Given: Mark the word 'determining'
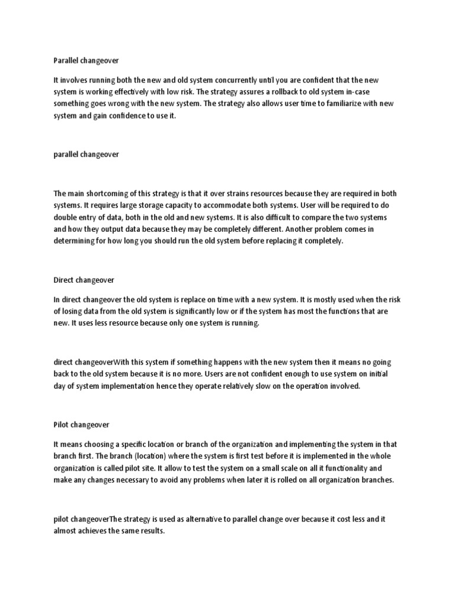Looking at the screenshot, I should [x=76, y=241].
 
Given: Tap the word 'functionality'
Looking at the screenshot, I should [x=345, y=468].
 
